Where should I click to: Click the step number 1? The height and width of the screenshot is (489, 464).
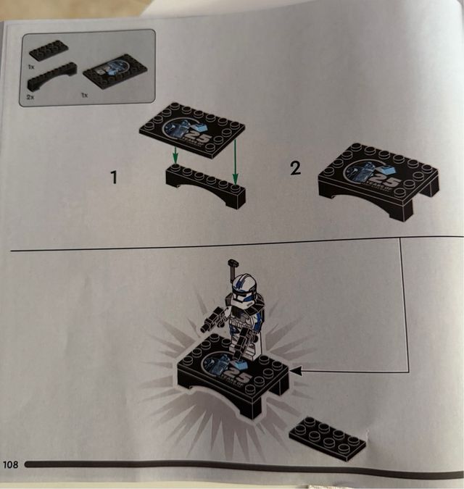114,176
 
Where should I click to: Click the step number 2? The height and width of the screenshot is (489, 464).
295,169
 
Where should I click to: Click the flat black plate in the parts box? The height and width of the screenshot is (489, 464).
49,51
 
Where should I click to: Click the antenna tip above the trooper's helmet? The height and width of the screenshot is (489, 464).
234,264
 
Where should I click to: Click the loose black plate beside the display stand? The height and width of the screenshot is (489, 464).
327,438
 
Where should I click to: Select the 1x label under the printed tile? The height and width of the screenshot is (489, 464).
86,95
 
